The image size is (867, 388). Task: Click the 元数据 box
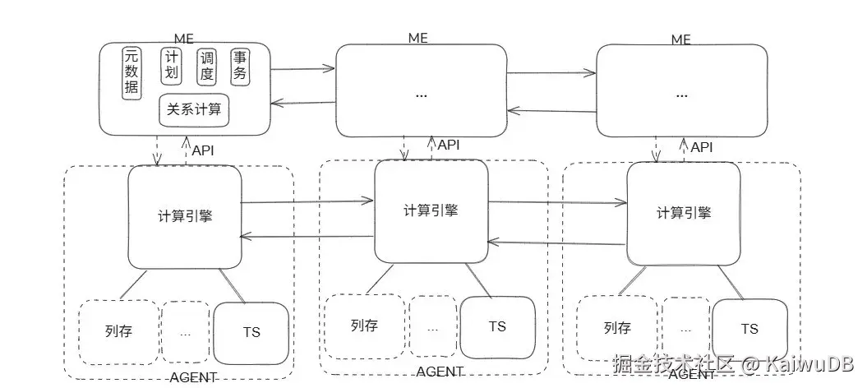click(x=131, y=72)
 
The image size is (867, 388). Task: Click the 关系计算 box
click(x=194, y=109)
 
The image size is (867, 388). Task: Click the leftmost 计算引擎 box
click(x=185, y=215)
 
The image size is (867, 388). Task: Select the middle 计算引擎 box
click(x=431, y=210)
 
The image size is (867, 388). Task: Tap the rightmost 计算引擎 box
click(x=684, y=212)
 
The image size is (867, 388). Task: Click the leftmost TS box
click(x=251, y=332)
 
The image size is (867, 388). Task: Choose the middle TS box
click(x=497, y=326)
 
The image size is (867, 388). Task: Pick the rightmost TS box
click(x=749, y=329)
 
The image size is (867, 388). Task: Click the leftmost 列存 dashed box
click(x=119, y=332)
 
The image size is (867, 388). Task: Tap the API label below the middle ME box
click(x=449, y=145)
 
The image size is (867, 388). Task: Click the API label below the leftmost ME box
click(x=203, y=150)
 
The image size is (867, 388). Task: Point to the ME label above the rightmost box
click(x=680, y=39)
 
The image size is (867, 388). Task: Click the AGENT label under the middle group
click(x=440, y=372)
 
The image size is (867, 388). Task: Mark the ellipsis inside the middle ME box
click(x=421, y=94)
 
